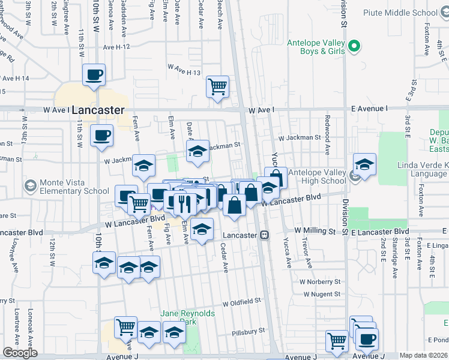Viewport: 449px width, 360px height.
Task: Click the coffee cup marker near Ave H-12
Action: point(94,76)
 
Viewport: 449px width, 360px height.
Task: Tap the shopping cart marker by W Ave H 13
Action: point(217,86)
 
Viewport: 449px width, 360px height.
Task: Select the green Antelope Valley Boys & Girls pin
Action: point(354,45)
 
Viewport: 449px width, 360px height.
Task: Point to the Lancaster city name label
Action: point(97,110)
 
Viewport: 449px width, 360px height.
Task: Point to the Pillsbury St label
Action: point(249,331)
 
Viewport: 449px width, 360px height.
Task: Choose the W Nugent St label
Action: point(322,294)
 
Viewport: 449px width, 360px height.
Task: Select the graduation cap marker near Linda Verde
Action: point(364,164)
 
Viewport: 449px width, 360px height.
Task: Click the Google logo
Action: point(20,353)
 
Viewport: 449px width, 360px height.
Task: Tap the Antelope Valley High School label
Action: point(317,176)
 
